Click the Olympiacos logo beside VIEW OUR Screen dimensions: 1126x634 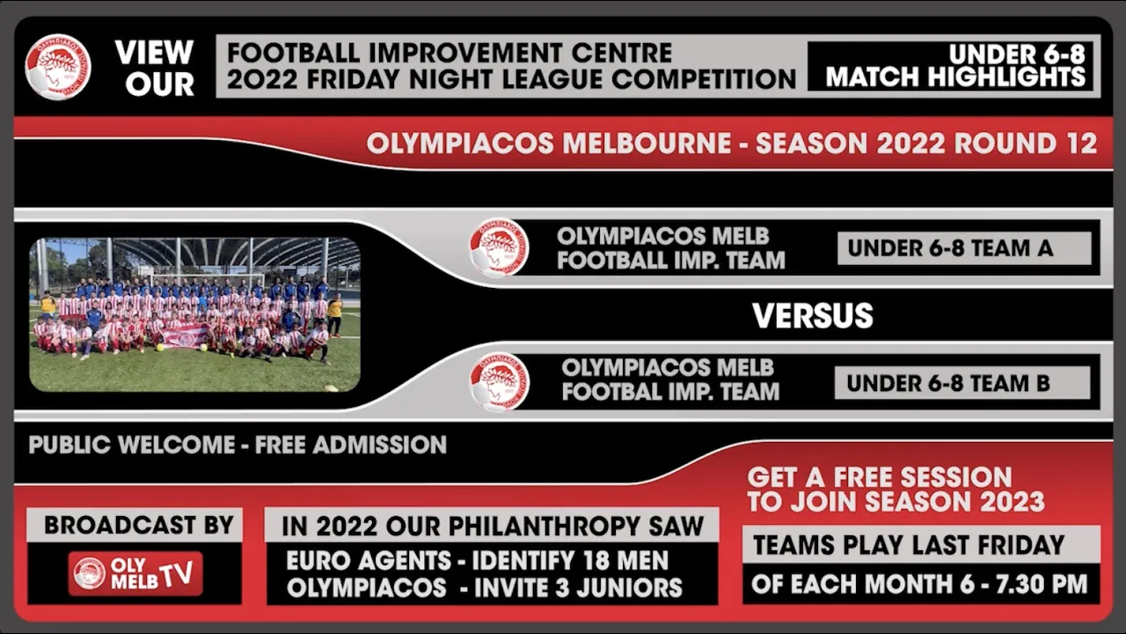(x=58, y=66)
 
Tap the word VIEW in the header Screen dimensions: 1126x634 (x=154, y=52)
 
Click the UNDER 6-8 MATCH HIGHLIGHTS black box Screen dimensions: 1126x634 (x=951, y=66)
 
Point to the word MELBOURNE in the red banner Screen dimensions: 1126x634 (x=647, y=144)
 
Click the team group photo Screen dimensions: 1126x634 (x=195, y=314)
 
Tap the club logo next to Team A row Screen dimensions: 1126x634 (x=499, y=247)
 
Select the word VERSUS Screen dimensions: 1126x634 (x=812, y=315)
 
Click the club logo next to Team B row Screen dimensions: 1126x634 (x=499, y=382)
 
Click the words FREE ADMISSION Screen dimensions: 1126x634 (x=350, y=446)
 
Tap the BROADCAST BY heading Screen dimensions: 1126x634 (x=139, y=526)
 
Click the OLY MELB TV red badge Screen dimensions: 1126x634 (x=135, y=574)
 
